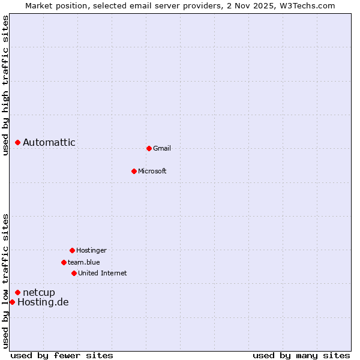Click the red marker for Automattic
click(x=18, y=142)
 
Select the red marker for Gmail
click(x=149, y=148)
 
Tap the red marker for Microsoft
click(x=134, y=171)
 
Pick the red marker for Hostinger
click(x=72, y=250)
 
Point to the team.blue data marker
click(x=64, y=262)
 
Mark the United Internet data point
click(x=74, y=273)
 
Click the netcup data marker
click(x=18, y=292)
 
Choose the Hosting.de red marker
click(x=12, y=302)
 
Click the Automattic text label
click(x=49, y=142)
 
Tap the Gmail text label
click(x=162, y=148)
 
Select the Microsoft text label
click(x=152, y=171)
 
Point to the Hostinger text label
click(x=91, y=250)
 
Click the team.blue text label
click(x=84, y=262)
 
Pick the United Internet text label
click(x=103, y=273)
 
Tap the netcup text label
click(x=39, y=292)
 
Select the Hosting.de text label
click(x=43, y=302)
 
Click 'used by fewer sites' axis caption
click(x=62, y=355)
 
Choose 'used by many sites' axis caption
click(x=301, y=355)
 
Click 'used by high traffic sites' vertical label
click(x=5, y=85)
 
